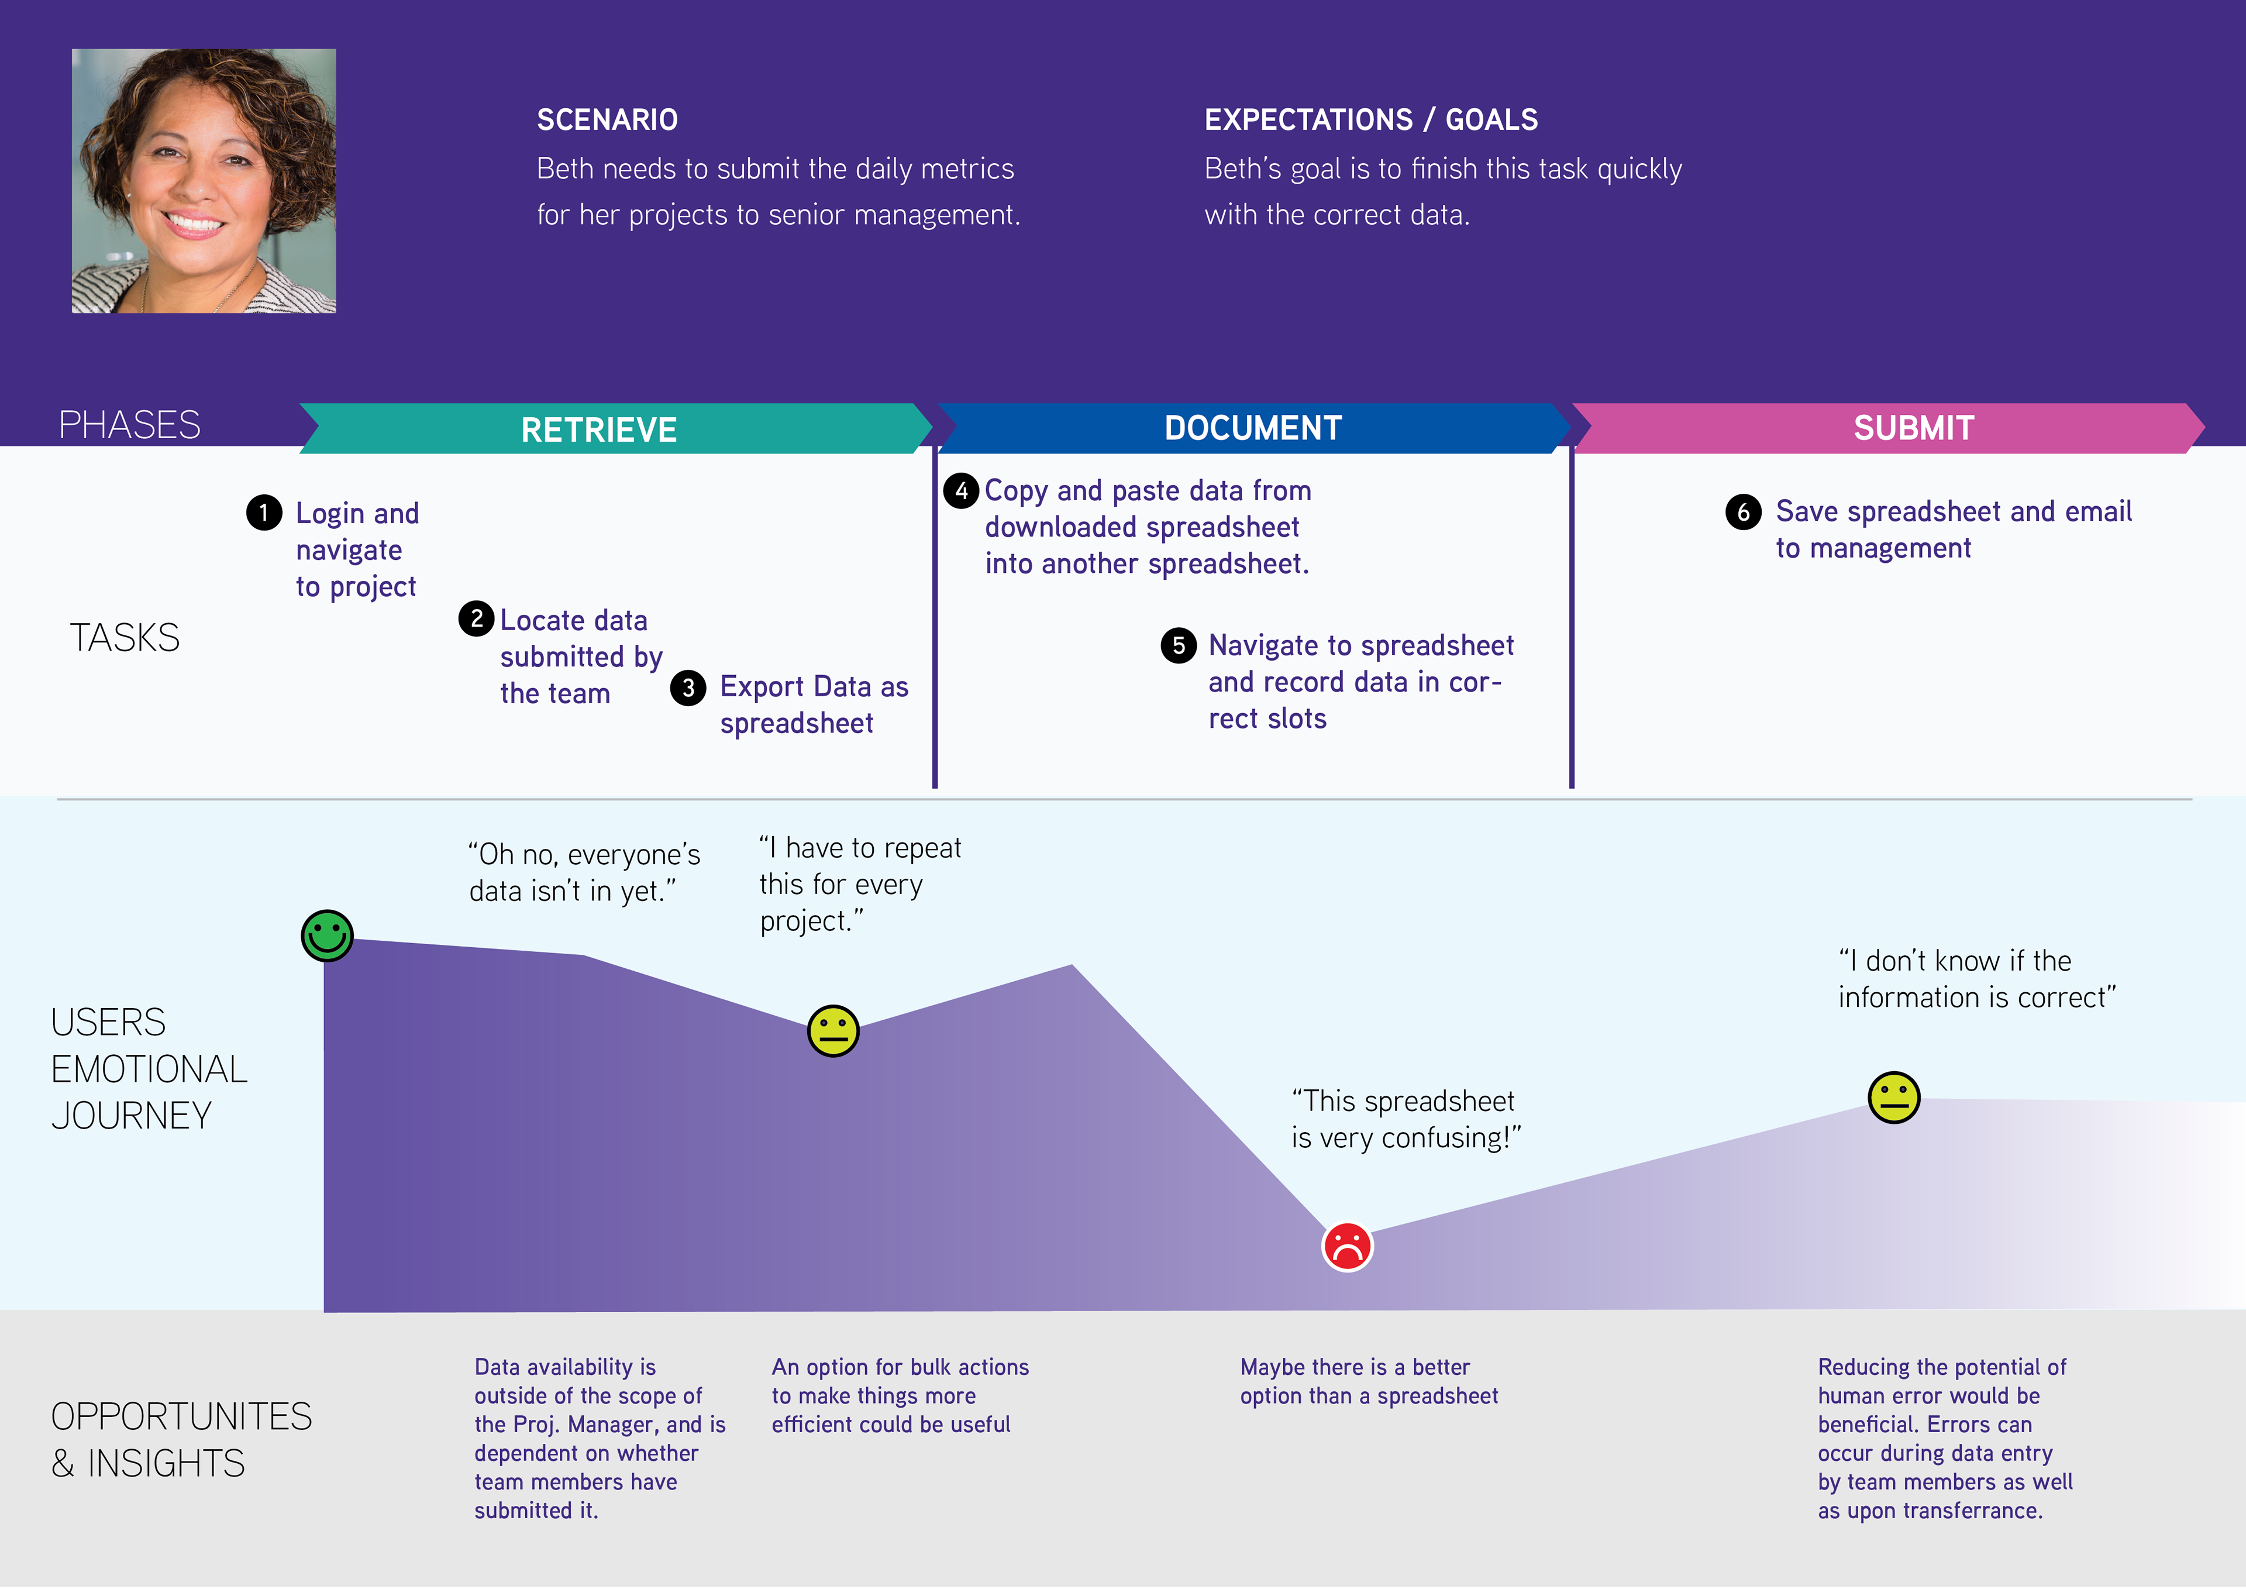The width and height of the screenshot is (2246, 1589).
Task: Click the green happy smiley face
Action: (x=327, y=935)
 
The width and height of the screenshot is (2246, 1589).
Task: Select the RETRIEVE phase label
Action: (x=599, y=429)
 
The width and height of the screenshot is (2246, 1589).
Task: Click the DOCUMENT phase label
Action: (x=1252, y=428)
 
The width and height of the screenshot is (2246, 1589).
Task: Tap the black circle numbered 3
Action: (x=688, y=688)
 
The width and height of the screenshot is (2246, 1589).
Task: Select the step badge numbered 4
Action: (x=962, y=490)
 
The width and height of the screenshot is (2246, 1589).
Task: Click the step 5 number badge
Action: (x=1179, y=646)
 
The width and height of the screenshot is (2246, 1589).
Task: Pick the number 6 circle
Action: (x=1743, y=512)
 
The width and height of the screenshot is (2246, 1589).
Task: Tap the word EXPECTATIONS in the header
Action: (x=1308, y=119)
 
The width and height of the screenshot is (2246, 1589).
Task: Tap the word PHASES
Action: (x=129, y=425)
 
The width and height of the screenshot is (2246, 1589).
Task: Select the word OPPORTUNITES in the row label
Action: (x=181, y=1417)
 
